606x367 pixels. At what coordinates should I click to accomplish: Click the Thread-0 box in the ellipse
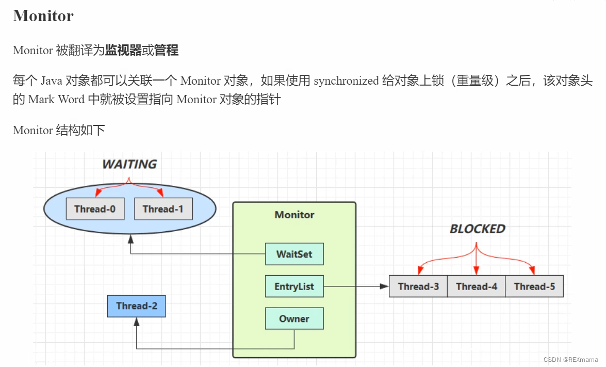[95, 209]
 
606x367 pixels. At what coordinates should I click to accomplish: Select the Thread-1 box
[163, 209]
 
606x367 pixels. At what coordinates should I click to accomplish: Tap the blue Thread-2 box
[137, 306]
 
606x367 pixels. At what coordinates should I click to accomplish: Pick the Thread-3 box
[418, 286]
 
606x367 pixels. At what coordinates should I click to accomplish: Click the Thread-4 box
[477, 286]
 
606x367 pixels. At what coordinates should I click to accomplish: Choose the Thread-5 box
[534, 286]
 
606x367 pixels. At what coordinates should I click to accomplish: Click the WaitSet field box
[294, 254]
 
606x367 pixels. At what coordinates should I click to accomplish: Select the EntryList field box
[294, 286]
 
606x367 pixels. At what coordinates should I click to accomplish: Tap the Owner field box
[294, 319]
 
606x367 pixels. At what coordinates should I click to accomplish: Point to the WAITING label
[129, 165]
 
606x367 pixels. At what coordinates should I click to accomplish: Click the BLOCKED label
[477, 229]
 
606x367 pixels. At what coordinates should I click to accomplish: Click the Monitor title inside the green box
[294, 215]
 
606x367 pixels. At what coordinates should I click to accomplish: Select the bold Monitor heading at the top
[43, 16]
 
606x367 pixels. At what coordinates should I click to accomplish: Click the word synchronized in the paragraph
[346, 81]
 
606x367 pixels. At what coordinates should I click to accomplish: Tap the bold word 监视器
[123, 51]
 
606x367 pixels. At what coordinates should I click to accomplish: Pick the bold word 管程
[166, 51]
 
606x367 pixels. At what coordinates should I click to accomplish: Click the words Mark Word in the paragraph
[56, 100]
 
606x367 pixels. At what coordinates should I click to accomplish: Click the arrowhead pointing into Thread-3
[385, 286]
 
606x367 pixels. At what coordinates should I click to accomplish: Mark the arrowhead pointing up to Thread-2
[137, 322]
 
